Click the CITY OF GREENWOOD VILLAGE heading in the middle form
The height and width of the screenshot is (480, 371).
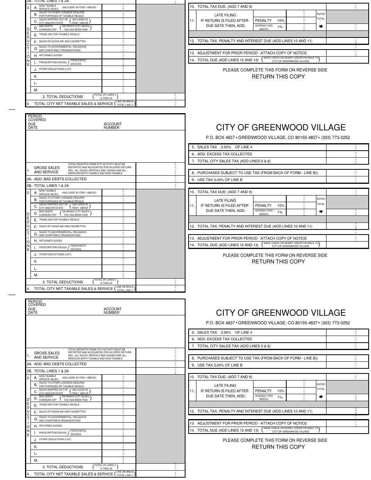(280, 128)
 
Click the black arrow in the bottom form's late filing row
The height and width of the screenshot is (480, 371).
(321, 397)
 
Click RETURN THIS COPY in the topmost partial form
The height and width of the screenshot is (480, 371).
(278, 76)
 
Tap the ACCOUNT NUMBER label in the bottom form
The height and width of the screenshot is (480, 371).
(112, 311)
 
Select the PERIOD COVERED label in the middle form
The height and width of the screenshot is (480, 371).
(37, 118)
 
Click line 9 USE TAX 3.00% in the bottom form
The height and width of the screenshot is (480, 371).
(219, 365)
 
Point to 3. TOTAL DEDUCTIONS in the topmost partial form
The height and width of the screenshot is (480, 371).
(62, 96)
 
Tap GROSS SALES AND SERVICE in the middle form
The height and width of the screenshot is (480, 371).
(46, 170)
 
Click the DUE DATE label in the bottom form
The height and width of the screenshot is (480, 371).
(33, 311)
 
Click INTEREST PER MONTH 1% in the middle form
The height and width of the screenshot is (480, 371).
(269, 212)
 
